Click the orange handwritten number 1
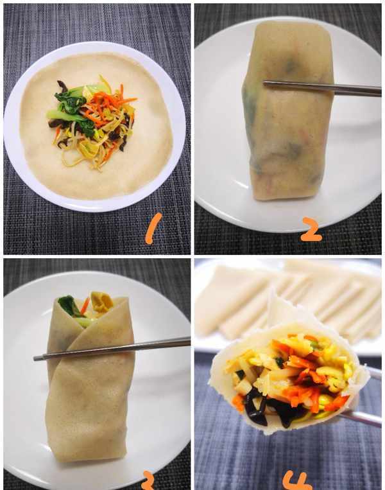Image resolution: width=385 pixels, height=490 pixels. coord(153,228)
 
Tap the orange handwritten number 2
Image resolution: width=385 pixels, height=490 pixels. coord(311,230)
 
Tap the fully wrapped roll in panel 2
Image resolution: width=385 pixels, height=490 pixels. coord(287,111)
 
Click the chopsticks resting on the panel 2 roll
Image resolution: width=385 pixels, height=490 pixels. coord(321,88)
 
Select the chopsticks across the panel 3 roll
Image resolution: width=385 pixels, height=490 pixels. coord(112,349)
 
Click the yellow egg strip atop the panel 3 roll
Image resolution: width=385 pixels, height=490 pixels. coord(103,301)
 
